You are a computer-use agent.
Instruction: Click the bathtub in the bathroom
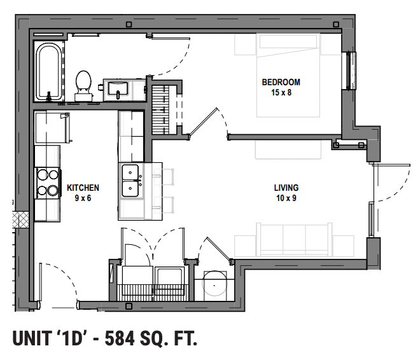pos(48,71)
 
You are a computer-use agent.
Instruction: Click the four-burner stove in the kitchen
pos(47,183)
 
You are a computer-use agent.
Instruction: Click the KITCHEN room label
pos(83,188)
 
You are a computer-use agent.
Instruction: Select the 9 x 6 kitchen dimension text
pos(83,197)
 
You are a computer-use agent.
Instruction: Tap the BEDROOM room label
pos(281,82)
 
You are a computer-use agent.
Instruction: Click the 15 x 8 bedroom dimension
pos(281,92)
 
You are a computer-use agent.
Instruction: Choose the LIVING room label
pos(286,188)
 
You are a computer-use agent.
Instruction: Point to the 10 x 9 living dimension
pos(286,198)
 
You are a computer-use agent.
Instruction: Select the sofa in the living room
pos(293,240)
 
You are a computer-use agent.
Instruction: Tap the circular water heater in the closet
pos(215,284)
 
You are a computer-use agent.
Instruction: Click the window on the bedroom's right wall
pos(349,71)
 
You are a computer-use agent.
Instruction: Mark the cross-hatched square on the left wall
pos(24,219)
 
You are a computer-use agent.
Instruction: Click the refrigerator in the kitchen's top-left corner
pos(52,128)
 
